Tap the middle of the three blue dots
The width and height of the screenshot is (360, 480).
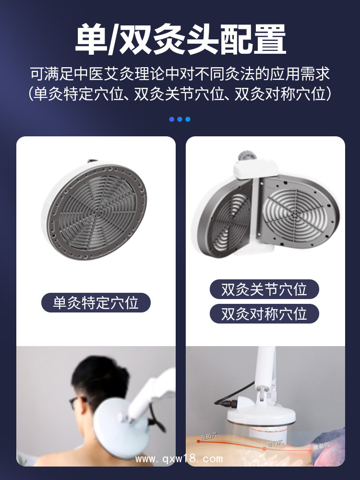pos(180,119)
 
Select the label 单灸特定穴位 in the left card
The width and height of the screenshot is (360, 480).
pos(96,303)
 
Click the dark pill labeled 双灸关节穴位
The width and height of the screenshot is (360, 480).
pos(264,289)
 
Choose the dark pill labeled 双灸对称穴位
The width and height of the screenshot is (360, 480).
pos(264,314)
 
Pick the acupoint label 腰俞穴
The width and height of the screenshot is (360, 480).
pos(320,446)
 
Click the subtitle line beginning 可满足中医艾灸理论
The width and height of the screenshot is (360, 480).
pos(180,75)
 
